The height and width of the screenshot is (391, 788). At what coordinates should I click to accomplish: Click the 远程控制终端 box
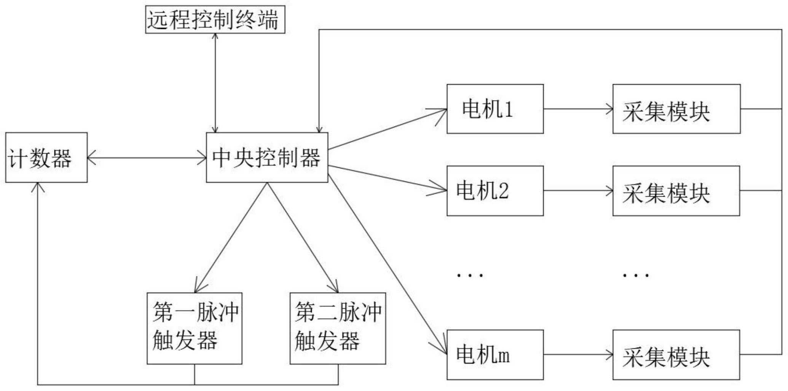[x=215, y=19]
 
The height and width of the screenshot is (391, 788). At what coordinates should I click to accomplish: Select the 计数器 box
[x=46, y=157]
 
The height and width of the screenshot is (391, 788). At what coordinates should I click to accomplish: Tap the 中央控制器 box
[x=267, y=157]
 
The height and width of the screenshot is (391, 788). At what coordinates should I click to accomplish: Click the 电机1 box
[x=495, y=109]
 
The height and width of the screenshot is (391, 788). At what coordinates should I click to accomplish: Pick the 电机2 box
[x=495, y=191]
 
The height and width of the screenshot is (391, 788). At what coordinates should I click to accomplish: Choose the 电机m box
[x=495, y=355]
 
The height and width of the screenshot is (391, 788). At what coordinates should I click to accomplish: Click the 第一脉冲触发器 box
[x=195, y=328]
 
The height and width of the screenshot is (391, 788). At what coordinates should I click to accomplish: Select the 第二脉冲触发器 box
[x=338, y=328]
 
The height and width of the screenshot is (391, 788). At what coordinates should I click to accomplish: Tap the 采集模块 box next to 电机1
[x=676, y=109]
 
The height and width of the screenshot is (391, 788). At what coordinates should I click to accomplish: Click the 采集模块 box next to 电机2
[x=676, y=191]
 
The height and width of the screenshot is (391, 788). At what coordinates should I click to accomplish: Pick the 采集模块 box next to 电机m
[x=676, y=355]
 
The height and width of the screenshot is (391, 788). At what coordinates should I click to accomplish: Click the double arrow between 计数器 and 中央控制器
[x=147, y=157]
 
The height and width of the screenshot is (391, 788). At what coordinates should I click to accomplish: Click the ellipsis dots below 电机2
[x=470, y=275]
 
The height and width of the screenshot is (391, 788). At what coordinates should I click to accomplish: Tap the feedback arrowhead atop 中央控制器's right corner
[x=319, y=129]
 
